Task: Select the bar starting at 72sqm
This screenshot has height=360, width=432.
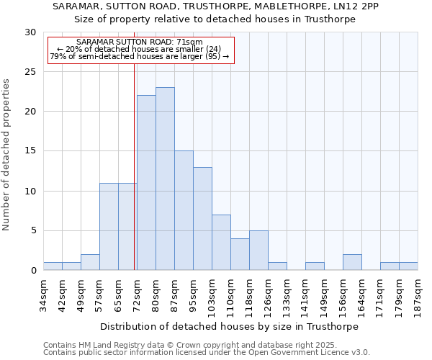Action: [x=146, y=183]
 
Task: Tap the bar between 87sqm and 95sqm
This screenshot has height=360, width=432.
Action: [x=184, y=210]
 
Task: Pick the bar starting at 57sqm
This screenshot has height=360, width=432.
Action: [x=109, y=227]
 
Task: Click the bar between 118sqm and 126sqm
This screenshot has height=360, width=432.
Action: [x=258, y=251]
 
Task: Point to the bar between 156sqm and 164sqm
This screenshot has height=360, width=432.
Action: [x=352, y=263]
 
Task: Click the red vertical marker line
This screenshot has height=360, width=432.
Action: [x=135, y=166]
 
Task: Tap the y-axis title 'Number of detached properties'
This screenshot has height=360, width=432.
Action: [x=7, y=155]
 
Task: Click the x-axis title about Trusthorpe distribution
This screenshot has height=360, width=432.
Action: [x=229, y=326]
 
